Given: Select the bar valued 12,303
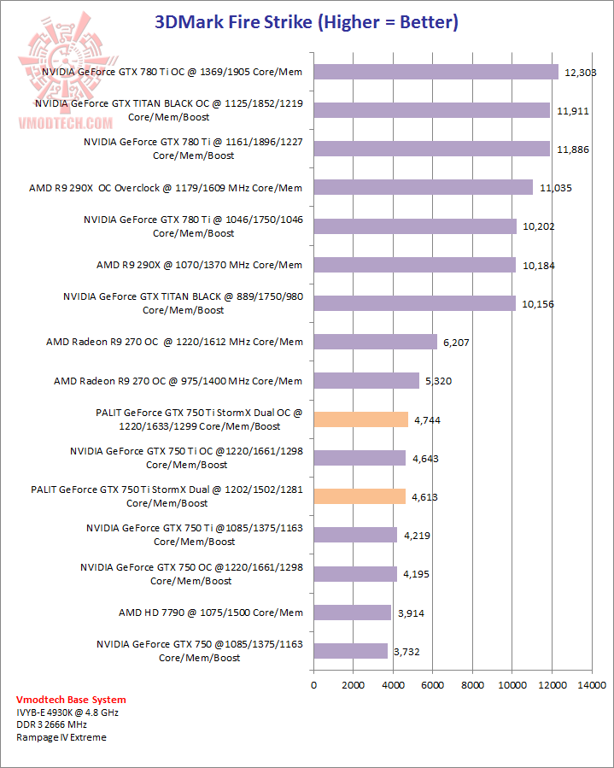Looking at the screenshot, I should pos(436,72).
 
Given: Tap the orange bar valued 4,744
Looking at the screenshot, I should pos(360,419).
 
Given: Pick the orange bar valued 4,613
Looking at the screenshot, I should pos(360,496).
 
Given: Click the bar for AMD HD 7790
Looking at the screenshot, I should pos(352,612).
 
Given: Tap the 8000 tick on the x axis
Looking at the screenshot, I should pos(472,685).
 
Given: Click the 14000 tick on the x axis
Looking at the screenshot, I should pos(591,685).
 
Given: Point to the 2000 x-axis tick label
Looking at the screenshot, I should pos(354,685).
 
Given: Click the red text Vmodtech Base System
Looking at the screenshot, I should pos(59,701).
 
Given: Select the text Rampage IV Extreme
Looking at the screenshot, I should pos(61,737).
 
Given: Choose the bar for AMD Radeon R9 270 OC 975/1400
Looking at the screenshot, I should pos(366,380).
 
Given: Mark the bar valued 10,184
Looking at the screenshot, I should pos(414,265).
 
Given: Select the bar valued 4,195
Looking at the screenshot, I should pos(355,573).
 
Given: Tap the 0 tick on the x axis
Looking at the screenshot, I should pos(314,685).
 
